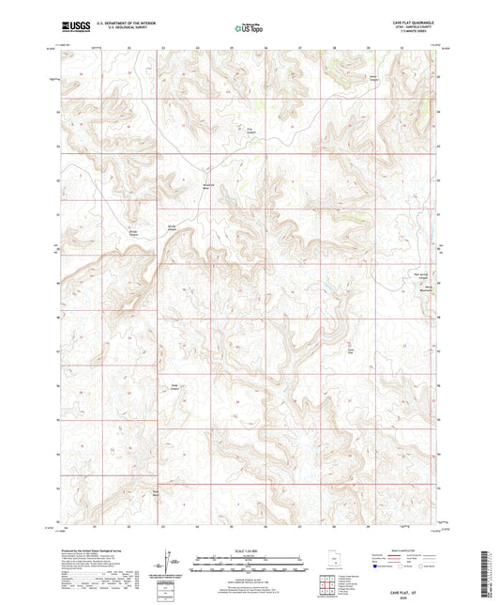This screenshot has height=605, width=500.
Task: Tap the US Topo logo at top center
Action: pyautogui.click(x=249, y=29)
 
